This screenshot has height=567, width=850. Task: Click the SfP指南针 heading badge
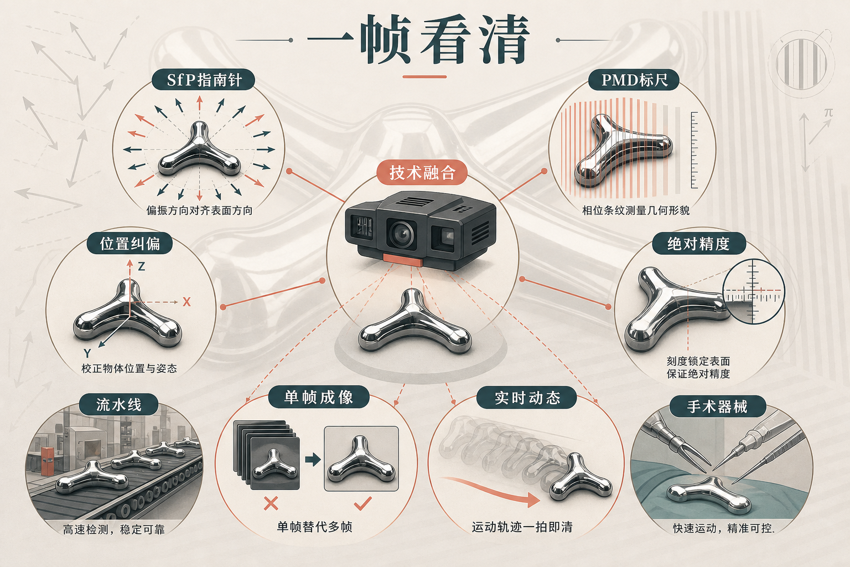203,80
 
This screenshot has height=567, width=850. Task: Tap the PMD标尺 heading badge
634,80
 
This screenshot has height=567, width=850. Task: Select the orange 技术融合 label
422,173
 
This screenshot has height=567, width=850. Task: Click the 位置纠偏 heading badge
130,244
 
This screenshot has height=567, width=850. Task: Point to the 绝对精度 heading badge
698,244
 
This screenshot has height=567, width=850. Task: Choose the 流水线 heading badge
119,404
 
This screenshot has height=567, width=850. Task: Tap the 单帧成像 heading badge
319,397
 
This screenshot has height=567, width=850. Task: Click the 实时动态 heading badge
527,398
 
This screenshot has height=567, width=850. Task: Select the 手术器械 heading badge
717,407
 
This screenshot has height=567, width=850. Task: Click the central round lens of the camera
401,233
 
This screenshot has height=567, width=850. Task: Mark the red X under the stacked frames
271,503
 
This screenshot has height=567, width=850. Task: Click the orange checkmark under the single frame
362,503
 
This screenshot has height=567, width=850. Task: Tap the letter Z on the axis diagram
142,266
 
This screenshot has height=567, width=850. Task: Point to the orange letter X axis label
186,302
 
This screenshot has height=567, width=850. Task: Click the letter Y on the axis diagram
87,354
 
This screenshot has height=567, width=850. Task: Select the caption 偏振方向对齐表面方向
200,210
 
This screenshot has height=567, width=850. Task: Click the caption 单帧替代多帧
314,527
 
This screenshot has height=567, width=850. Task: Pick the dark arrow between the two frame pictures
313,460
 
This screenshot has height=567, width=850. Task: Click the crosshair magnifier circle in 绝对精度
753,292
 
